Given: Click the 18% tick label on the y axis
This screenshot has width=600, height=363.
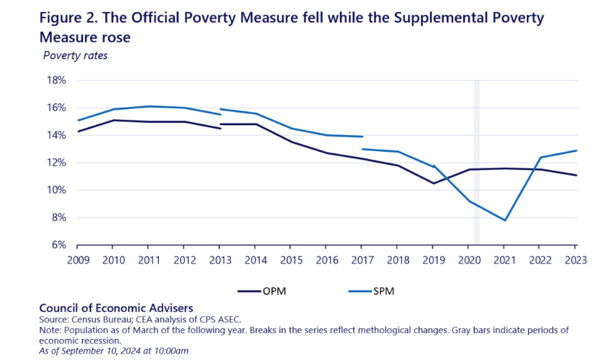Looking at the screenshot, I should coord(56,80).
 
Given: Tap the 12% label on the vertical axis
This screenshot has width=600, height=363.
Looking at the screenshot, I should coord(56,163).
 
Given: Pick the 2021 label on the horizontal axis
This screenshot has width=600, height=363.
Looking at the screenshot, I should coord(504,260).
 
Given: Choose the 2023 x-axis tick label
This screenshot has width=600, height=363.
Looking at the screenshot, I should coord(575,260).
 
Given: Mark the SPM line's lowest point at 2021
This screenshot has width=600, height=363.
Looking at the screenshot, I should coord(504,220).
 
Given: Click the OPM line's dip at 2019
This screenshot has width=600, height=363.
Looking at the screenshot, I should coord(433,183).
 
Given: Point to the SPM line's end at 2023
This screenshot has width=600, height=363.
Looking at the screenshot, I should coord(577,151).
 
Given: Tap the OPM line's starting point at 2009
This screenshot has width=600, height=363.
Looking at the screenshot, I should coord(77,131).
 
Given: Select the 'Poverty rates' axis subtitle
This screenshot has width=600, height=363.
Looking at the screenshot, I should coord(75,55).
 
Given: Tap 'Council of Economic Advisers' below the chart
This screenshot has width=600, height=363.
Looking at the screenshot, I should coord(116,308).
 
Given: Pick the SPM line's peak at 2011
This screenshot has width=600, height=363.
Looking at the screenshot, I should coord(148,106).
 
